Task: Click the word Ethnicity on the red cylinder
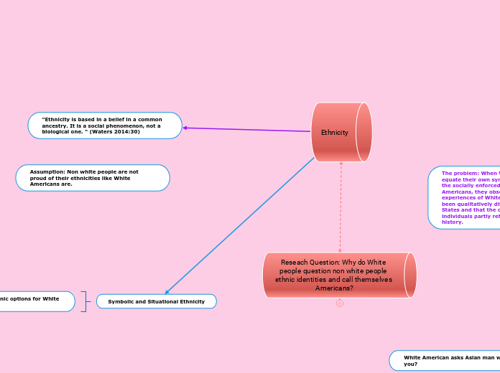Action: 335,133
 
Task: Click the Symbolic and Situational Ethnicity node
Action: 156,302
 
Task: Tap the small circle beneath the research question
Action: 340,303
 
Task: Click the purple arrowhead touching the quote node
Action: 185,128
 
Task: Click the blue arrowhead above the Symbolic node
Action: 167,292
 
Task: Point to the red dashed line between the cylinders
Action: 341,208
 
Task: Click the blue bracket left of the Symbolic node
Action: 85,302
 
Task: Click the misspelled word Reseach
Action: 293,263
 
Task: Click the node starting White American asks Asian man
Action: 445,360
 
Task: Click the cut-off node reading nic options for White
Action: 32,299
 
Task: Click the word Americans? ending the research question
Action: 334,288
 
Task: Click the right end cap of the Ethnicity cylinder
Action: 364,132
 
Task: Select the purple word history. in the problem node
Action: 453,222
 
